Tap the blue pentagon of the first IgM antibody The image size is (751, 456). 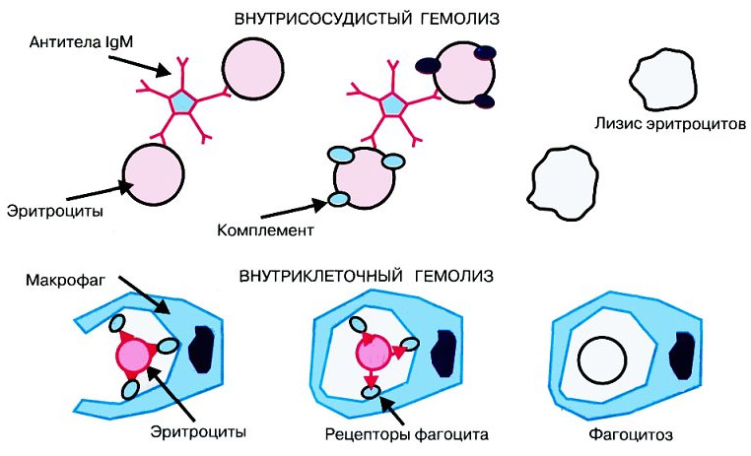click(183, 100)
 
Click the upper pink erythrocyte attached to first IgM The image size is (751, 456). click(252, 71)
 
